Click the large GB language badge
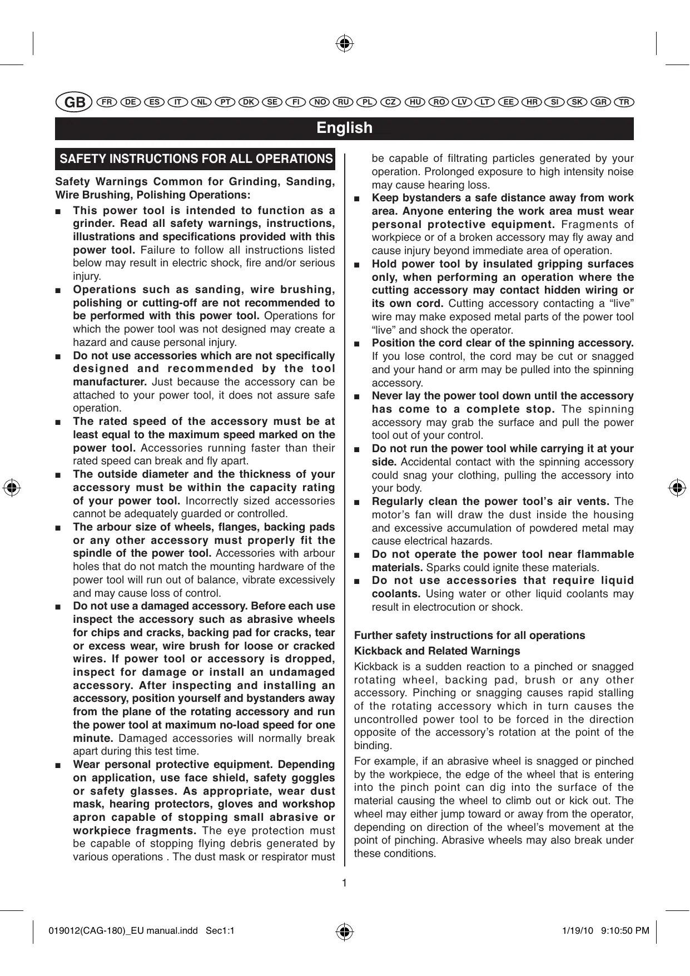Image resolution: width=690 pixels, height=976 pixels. pos(73,103)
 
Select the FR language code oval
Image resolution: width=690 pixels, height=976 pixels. pos(106,102)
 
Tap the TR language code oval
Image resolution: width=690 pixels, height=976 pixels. pos(624,102)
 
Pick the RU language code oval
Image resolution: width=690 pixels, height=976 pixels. pos(344,102)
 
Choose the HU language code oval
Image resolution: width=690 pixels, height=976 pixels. pos(414,102)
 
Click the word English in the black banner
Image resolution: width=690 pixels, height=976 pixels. pos(344,128)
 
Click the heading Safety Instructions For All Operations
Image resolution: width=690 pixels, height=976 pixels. pos(196,159)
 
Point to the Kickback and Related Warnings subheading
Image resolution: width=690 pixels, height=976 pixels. pos(437,651)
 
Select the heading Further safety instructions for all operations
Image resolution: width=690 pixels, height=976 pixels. pos(469,635)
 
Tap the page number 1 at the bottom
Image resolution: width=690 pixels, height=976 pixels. pos(345,883)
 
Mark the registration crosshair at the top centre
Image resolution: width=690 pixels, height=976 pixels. pos(345,43)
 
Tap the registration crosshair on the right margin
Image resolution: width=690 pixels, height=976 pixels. pos(677,488)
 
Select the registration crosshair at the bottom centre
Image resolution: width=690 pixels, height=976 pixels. pos(345,931)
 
